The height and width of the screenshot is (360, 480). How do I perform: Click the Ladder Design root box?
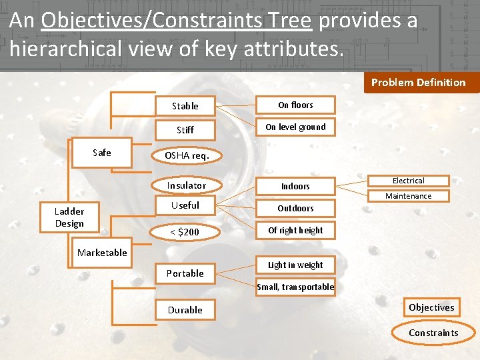69,217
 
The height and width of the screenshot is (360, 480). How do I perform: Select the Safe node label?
102,153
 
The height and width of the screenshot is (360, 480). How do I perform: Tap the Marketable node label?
102,253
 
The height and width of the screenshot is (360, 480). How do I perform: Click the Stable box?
185,106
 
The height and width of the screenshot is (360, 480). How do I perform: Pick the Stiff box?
185,130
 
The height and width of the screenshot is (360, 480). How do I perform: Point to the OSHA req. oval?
187,155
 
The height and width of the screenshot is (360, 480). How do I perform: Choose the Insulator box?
186,185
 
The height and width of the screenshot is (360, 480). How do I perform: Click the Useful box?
185,205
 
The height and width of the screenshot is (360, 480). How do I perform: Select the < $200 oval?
185,232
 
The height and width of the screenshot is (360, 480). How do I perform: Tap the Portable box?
185,273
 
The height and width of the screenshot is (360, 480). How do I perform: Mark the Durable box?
185,310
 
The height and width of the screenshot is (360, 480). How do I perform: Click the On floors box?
295,105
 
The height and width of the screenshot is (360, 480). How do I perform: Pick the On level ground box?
295,127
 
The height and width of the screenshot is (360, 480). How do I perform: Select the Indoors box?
295,187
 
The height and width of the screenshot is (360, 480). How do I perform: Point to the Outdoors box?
295,209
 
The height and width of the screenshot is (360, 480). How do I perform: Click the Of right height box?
295,231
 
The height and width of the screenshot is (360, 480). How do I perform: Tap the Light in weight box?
295,265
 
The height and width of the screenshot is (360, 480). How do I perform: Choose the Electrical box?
408,181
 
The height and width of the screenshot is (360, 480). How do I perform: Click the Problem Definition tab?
418,83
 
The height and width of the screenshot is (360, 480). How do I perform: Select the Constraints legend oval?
433,333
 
